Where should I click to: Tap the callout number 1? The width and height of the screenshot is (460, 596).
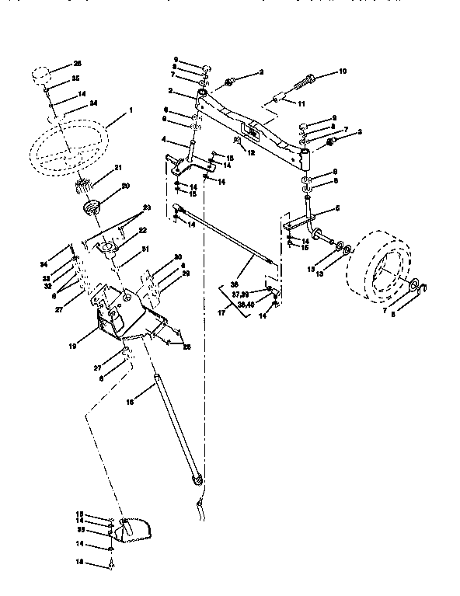(131, 110)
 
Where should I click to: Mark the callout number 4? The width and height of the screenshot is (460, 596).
(165, 140)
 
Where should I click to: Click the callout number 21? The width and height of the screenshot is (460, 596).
(119, 169)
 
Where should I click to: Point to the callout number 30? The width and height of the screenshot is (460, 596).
(178, 257)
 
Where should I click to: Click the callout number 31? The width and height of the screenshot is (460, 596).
(144, 249)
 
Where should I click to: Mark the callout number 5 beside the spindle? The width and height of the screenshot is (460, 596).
(337, 208)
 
